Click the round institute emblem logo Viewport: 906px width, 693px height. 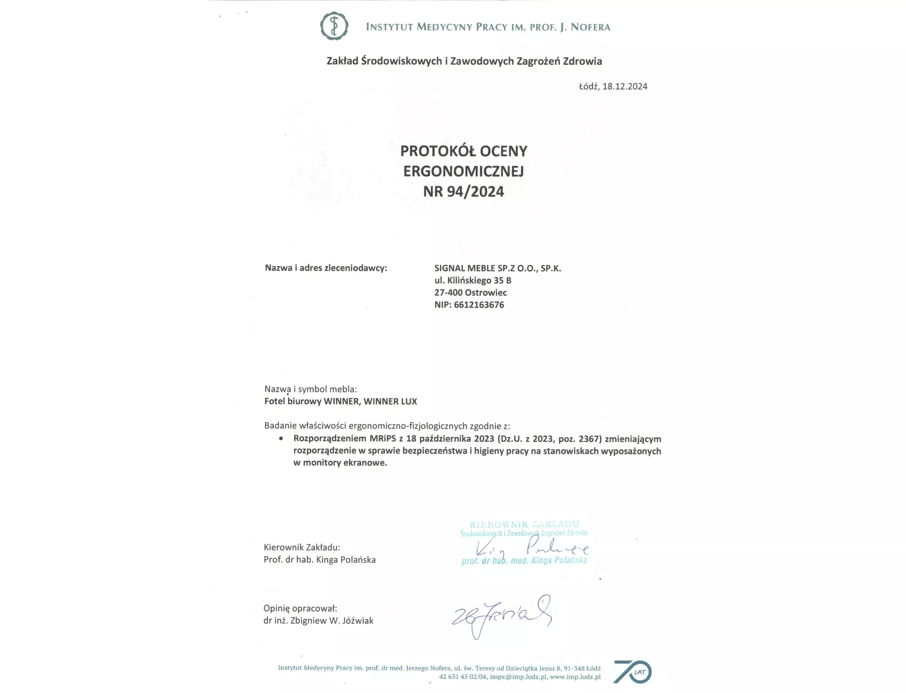pos(334,26)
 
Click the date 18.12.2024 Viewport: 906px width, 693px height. pos(625,87)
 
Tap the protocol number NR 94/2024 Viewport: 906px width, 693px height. pos(463,192)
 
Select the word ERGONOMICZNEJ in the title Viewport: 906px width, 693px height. pos(463,171)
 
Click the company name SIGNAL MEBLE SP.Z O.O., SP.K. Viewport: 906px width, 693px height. pos(497,268)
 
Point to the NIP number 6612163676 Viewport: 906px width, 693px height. pos(479,305)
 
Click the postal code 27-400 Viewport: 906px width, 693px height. pos(448,293)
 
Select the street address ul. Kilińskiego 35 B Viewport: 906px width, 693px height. pos(472,280)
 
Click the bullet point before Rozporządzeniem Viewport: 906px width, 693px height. pos(281,438)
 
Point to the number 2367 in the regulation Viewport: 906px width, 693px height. pos(589,438)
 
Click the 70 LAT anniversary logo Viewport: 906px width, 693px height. pos(632,672)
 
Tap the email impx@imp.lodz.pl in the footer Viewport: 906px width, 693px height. pos(518,677)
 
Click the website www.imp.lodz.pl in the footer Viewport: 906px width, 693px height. pos(575,677)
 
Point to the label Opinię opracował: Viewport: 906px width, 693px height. pos(300,608)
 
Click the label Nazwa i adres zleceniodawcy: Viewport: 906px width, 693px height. pos(326,268)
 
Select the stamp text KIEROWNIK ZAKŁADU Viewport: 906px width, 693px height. pos(524,525)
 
